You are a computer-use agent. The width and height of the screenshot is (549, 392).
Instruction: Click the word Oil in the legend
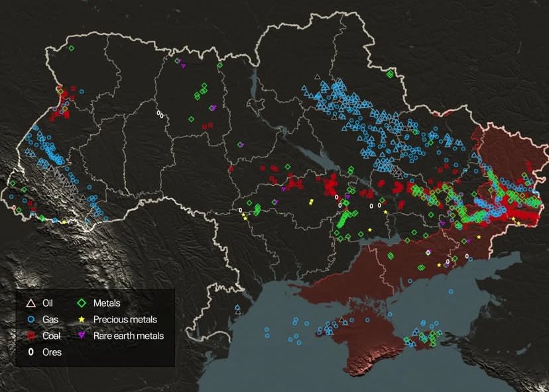[48, 303]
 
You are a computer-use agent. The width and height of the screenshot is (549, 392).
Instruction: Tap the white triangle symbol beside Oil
[29, 303]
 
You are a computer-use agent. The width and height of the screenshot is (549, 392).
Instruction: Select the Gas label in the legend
[50, 320]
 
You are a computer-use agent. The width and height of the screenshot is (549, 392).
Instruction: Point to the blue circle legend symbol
[29, 320]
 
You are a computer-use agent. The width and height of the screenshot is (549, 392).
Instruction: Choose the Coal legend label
[50, 336]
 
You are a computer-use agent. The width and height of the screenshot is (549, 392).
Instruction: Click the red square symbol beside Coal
[29, 336]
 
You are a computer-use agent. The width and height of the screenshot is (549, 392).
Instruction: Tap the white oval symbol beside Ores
[29, 352]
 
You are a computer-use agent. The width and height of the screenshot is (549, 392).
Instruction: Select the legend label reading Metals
[107, 303]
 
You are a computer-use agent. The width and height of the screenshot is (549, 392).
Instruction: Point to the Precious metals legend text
[125, 320]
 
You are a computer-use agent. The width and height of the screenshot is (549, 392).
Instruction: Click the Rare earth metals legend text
[128, 336]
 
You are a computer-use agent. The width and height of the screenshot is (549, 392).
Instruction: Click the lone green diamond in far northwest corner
[72, 48]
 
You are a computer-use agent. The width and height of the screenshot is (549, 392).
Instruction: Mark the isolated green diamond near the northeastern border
[390, 74]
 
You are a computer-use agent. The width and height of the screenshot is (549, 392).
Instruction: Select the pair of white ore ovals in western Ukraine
[159, 114]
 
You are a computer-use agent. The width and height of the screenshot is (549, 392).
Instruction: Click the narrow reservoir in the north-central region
[254, 83]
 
